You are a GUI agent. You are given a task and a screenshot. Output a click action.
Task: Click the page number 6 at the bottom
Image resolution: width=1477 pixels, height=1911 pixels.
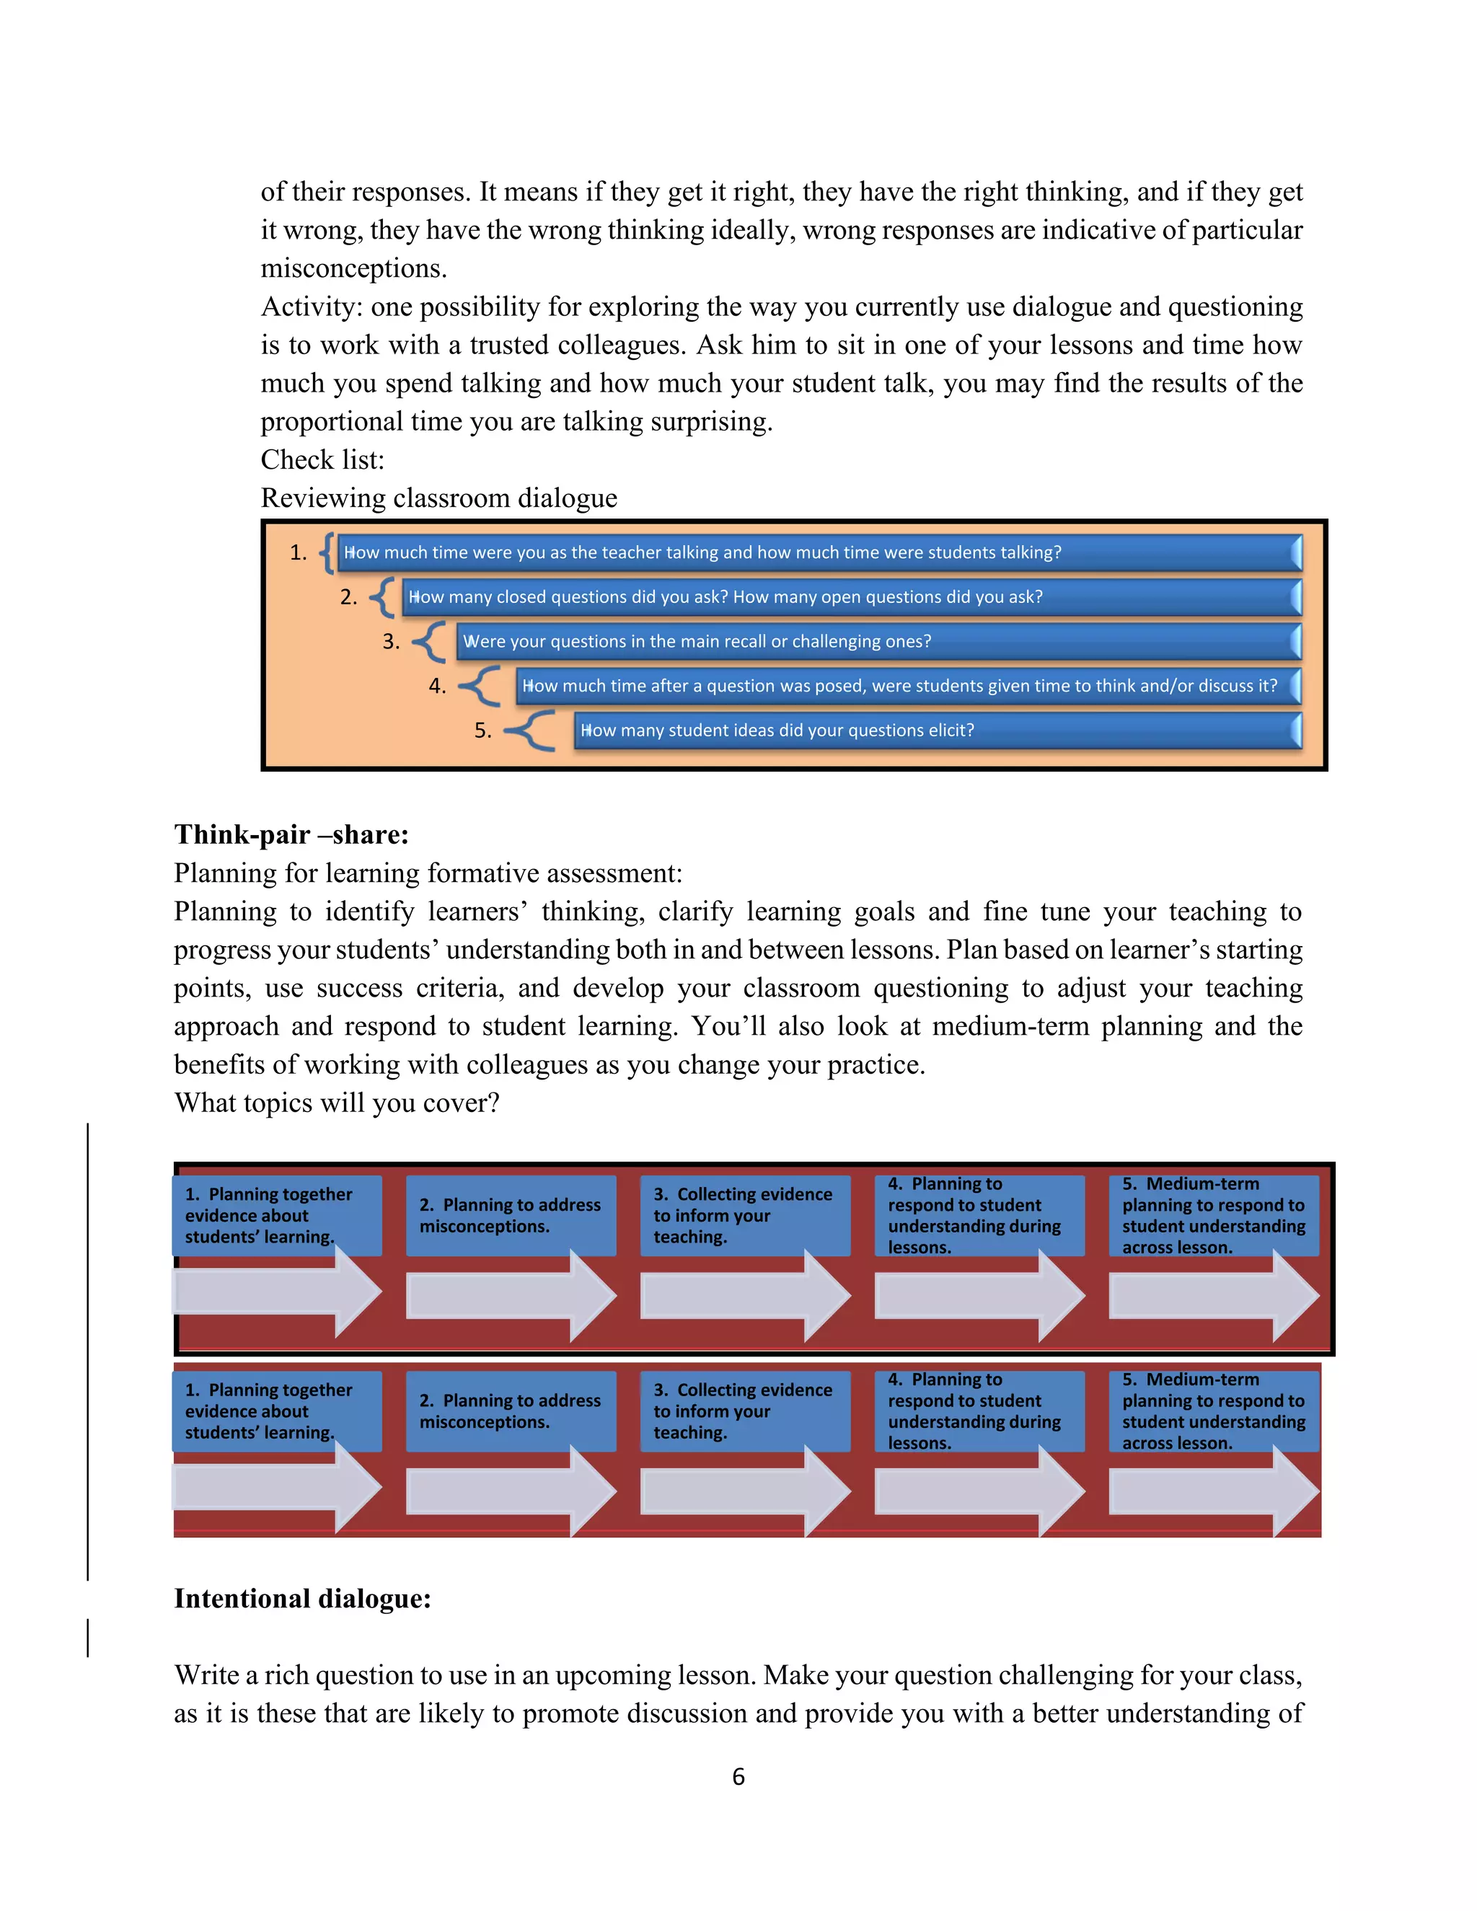[x=738, y=1776]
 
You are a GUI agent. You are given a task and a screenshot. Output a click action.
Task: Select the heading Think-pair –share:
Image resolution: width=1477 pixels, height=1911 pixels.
[x=291, y=835]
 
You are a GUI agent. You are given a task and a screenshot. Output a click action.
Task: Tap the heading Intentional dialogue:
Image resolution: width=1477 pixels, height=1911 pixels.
[x=302, y=1599]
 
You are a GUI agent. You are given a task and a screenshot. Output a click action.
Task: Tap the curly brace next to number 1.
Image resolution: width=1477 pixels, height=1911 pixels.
[x=327, y=553]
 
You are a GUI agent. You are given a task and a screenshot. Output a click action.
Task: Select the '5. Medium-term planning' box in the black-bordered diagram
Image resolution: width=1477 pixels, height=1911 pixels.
[x=1214, y=1215]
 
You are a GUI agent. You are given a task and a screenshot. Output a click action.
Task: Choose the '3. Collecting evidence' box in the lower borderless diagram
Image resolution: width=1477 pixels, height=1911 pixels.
[x=744, y=1411]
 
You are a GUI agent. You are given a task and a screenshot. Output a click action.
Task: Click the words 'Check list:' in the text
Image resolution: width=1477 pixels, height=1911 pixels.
[x=323, y=460]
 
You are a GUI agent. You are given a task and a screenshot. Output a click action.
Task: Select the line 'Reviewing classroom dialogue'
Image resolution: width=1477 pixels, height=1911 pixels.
[x=438, y=498]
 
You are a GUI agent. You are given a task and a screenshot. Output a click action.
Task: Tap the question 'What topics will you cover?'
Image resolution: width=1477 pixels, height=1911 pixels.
[x=337, y=1103]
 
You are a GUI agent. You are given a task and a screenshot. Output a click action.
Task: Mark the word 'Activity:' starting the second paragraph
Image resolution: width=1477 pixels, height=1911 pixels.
[x=312, y=307]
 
